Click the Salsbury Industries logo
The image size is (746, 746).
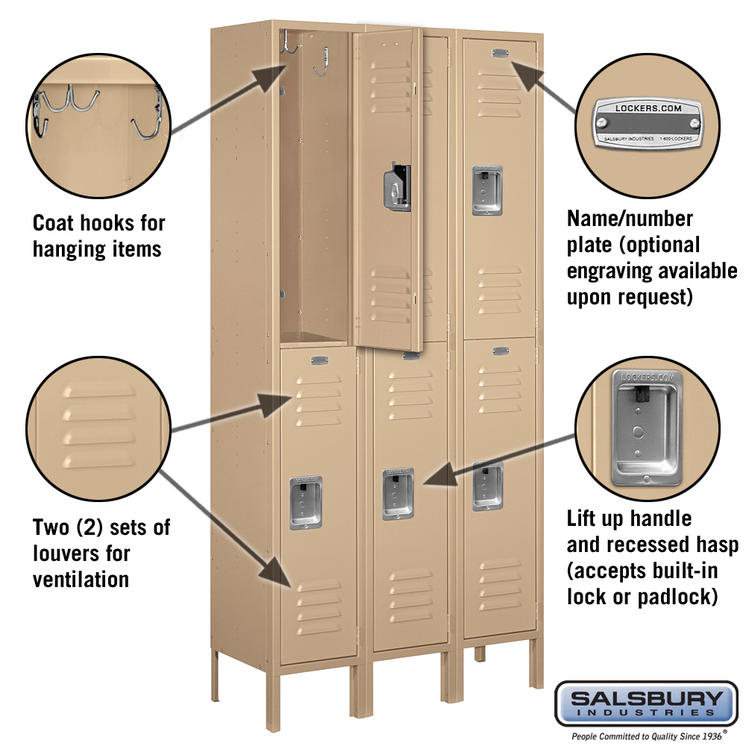(x=646, y=703)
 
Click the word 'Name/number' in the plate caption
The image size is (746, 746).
(x=630, y=219)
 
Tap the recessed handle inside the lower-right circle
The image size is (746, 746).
(x=646, y=427)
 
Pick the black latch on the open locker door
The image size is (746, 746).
(x=398, y=186)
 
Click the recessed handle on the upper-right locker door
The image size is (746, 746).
(x=486, y=190)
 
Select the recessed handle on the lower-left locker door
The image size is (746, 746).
(x=305, y=502)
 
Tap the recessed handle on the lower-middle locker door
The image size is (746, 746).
(x=398, y=493)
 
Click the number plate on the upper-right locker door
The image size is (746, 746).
(x=500, y=53)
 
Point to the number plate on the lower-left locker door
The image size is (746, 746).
(x=319, y=360)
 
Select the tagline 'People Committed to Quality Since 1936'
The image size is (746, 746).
(x=647, y=736)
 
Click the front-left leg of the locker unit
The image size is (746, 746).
(x=273, y=700)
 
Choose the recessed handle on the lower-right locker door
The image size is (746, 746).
(x=488, y=486)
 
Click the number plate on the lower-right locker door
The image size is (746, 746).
(x=501, y=351)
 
